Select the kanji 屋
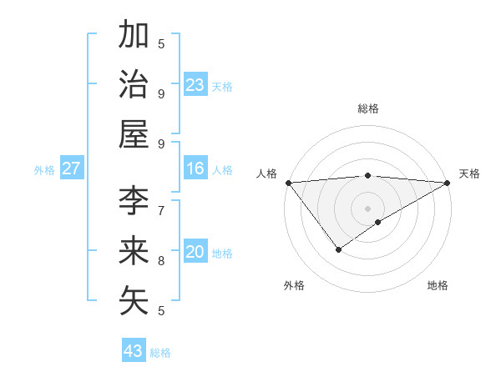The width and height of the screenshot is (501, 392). coord(134,133)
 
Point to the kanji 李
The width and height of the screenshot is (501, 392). coord(134,201)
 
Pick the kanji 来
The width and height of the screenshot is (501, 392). coord(134,251)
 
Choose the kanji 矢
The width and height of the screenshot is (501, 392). coord(134,300)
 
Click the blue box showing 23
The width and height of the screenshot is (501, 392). coord(195,85)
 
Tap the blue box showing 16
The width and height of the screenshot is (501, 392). coord(195,169)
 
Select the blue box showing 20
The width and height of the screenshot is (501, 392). coord(195,253)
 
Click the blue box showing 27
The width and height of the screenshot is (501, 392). coord(72,169)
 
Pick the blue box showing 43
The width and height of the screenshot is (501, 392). coord(134,351)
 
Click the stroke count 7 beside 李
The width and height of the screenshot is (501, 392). coord(161,209)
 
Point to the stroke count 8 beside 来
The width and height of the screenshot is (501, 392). coord(161,260)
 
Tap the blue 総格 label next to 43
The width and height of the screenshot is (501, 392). coord(160,353)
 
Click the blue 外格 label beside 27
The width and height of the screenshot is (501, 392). coord(44,170)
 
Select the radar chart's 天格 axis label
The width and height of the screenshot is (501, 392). coord(469,173)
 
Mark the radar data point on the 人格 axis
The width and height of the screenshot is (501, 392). coord(288,182)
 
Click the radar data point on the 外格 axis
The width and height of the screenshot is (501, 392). coord(338,249)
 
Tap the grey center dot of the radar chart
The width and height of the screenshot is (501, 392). coord(367,208)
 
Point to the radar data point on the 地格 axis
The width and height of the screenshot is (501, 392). coord(378,222)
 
